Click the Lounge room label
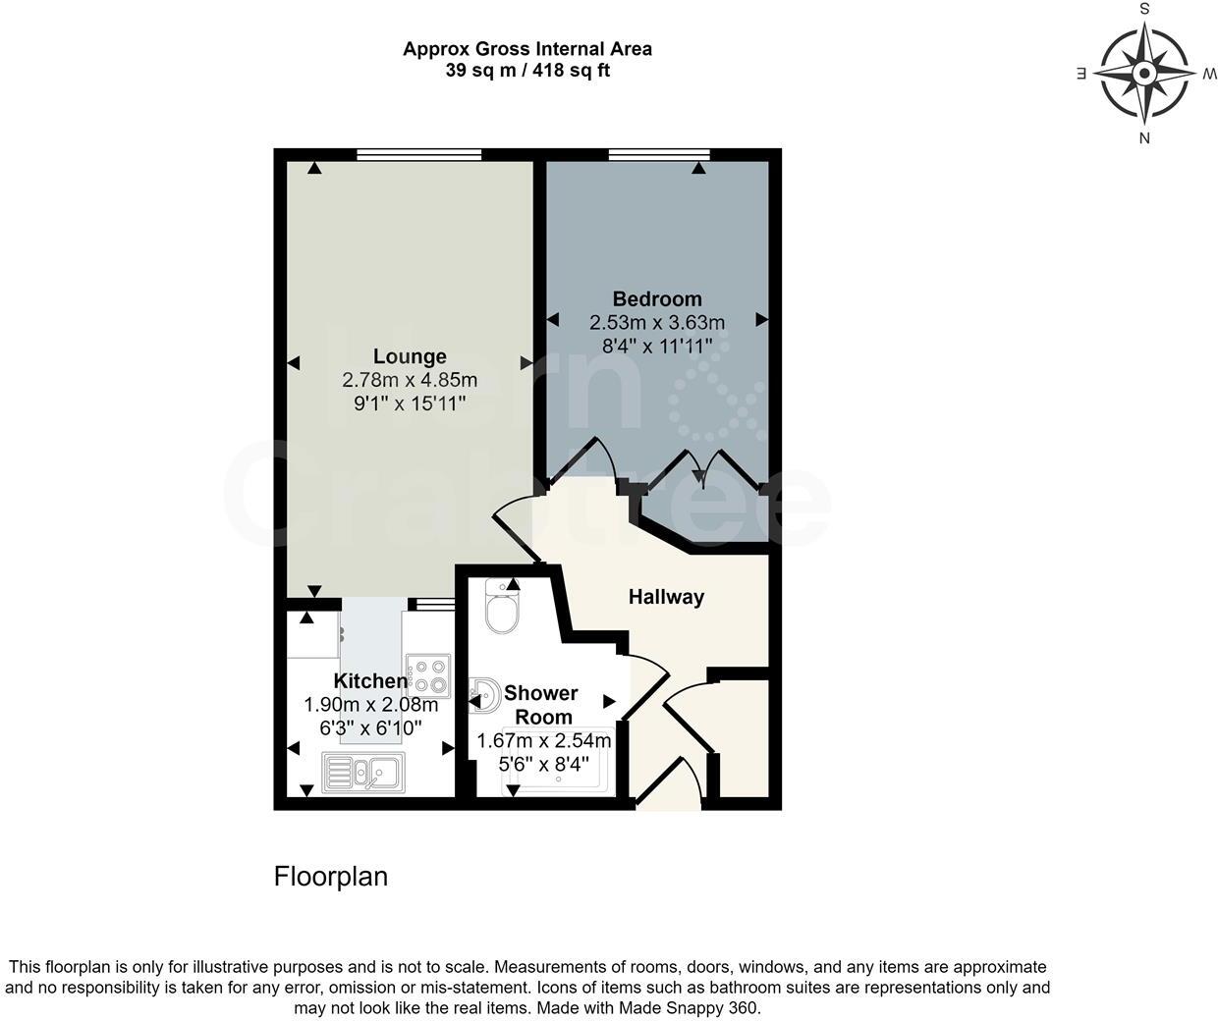(x=410, y=356)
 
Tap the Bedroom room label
(x=657, y=298)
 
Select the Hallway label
(x=666, y=596)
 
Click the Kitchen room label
(x=370, y=680)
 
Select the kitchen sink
(x=361, y=773)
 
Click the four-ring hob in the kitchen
(x=429, y=674)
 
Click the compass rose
(x=1144, y=74)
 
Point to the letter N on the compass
(x=1144, y=138)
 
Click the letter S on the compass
(x=1144, y=9)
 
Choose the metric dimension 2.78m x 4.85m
(x=410, y=380)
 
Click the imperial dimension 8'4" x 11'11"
(x=657, y=345)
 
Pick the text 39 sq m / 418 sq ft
(x=527, y=71)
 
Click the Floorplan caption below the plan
(x=330, y=876)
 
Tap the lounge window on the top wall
(x=419, y=154)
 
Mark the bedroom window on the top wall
(x=659, y=154)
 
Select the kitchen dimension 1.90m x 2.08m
(x=370, y=704)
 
